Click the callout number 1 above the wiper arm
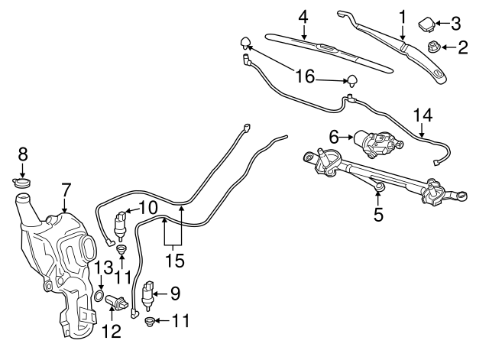402,15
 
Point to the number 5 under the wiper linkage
378,215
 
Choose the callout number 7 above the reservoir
66,187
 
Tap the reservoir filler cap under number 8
23,183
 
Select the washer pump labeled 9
149,293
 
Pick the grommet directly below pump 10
121,249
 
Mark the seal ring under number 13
100,296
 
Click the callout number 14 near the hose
423,115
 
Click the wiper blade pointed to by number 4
321,48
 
